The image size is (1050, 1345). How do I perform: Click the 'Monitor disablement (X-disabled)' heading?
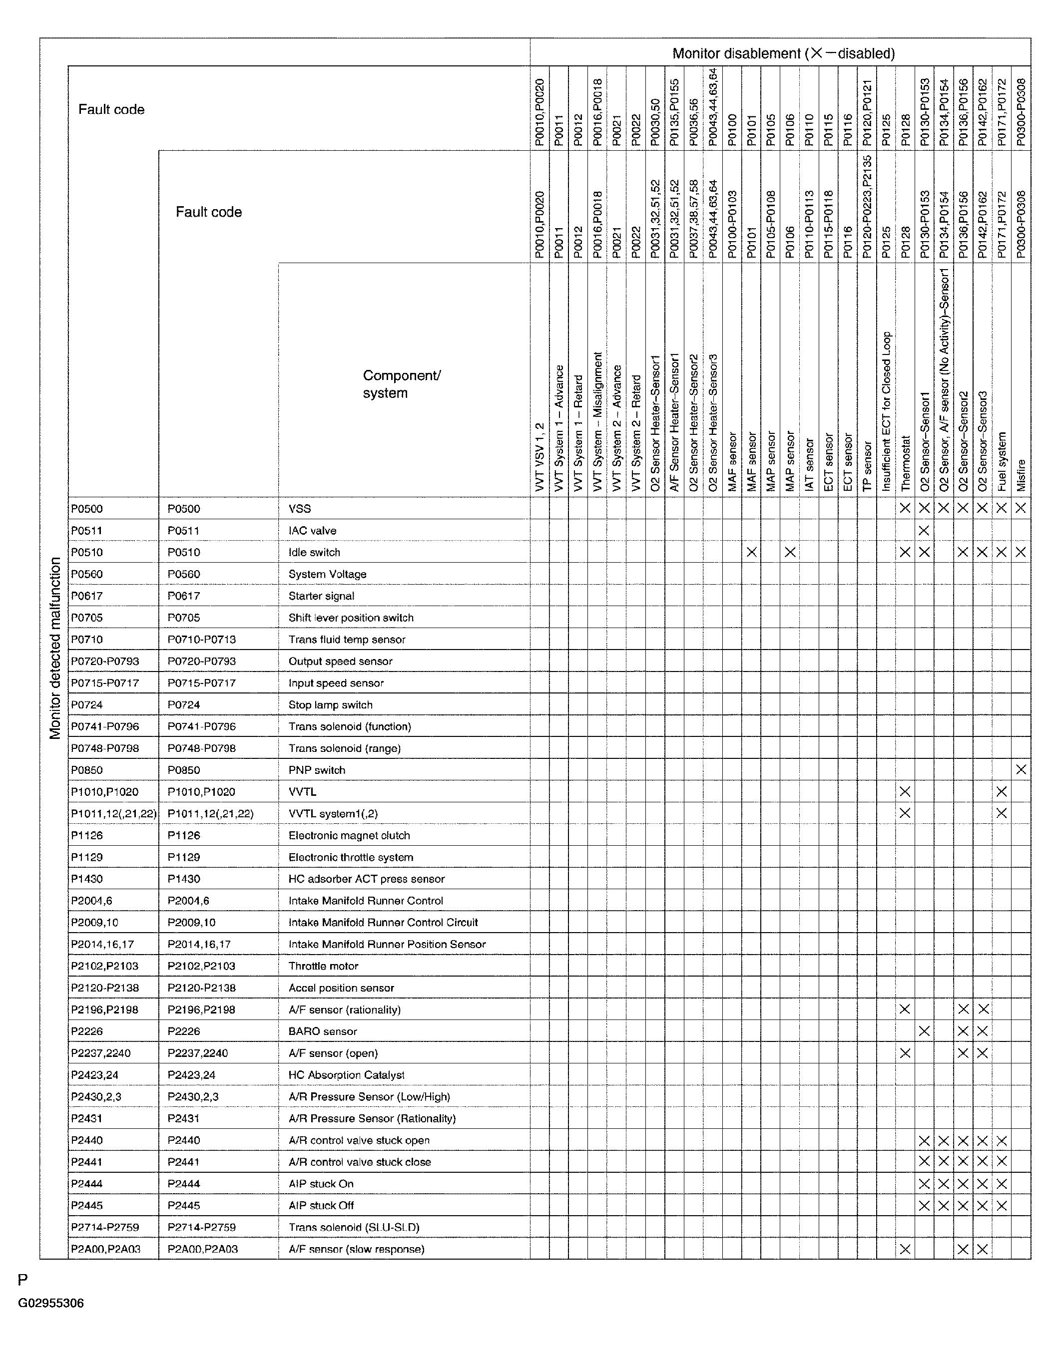click(783, 53)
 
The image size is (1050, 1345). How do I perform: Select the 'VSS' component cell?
click(300, 509)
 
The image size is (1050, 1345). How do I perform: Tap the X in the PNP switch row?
click(1021, 769)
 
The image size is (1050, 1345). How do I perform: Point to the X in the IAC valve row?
click(924, 530)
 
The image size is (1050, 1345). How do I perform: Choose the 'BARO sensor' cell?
click(322, 1031)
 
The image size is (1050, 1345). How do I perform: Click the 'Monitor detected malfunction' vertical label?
click(55, 648)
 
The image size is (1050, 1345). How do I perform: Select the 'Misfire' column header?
click(1022, 475)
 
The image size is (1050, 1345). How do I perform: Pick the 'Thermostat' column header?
click(905, 463)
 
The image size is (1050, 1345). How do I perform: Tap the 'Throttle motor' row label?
click(323, 966)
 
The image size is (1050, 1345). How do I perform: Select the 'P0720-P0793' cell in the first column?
click(105, 661)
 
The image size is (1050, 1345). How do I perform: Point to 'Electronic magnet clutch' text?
click(349, 835)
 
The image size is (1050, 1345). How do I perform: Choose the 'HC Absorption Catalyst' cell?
click(346, 1074)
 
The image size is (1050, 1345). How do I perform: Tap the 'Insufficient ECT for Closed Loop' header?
click(886, 411)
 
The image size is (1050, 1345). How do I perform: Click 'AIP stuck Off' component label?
click(321, 1205)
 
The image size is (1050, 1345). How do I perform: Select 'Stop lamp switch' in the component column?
click(330, 704)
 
